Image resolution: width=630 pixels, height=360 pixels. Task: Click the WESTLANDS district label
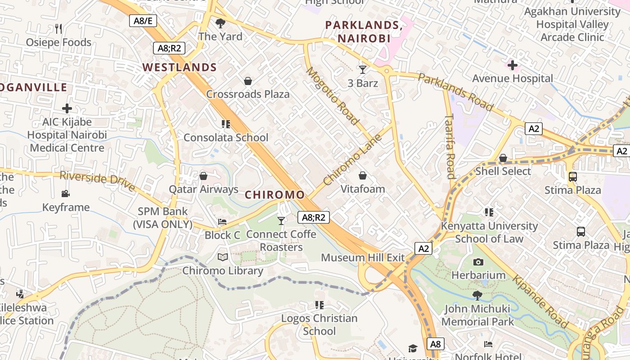(x=180, y=67)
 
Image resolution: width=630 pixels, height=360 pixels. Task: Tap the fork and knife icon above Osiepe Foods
(x=58, y=29)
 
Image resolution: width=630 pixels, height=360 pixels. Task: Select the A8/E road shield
(x=143, y=21)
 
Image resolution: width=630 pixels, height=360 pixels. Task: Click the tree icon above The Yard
(x=220, y=23)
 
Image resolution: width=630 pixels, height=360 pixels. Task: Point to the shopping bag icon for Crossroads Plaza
(x=247, y=81)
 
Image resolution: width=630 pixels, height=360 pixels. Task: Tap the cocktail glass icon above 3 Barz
(x=363, y=70)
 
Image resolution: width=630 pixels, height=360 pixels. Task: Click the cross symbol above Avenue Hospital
(x=512, y=65)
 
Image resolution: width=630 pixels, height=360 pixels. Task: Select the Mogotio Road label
(x=333, y=96)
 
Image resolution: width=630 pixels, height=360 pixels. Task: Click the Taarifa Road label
(x=450, y=146)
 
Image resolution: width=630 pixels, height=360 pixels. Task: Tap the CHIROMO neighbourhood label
(x=274, y=195)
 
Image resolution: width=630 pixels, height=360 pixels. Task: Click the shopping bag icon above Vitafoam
(x=363, y=175)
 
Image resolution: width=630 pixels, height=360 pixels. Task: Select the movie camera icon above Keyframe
(x=66, y=193)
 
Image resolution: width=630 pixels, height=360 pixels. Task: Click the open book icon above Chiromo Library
(x=223, y=257)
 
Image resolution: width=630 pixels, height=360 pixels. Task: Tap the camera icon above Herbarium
(x=478, y=262)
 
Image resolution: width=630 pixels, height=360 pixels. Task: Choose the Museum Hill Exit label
(x=363, y=258)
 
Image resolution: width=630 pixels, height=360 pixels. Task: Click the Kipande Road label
(x=540, y=301)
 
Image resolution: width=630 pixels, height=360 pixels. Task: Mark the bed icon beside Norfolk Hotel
(x=488, y=344)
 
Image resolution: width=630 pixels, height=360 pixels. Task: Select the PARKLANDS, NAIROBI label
(x=364, y=31)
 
